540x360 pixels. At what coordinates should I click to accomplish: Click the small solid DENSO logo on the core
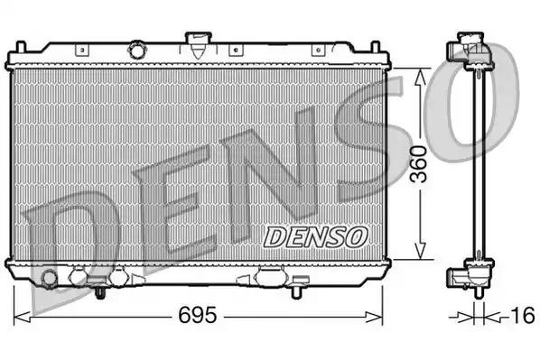click(x=316, y=235)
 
